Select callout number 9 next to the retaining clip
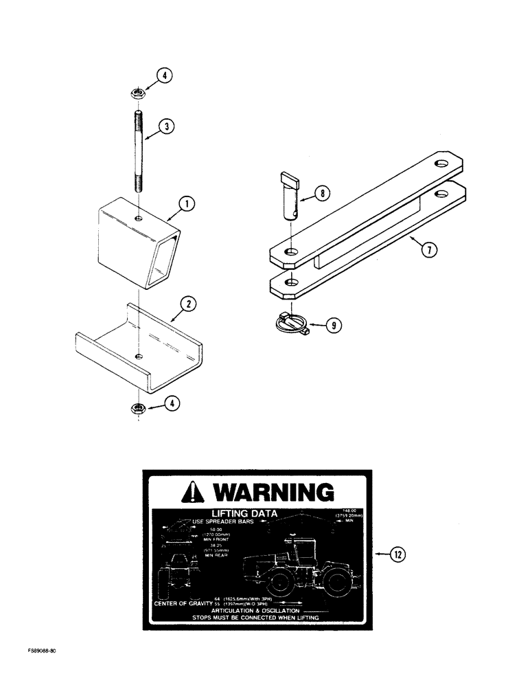click(x=333, y=326)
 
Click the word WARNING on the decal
click(x=273, y=493)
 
